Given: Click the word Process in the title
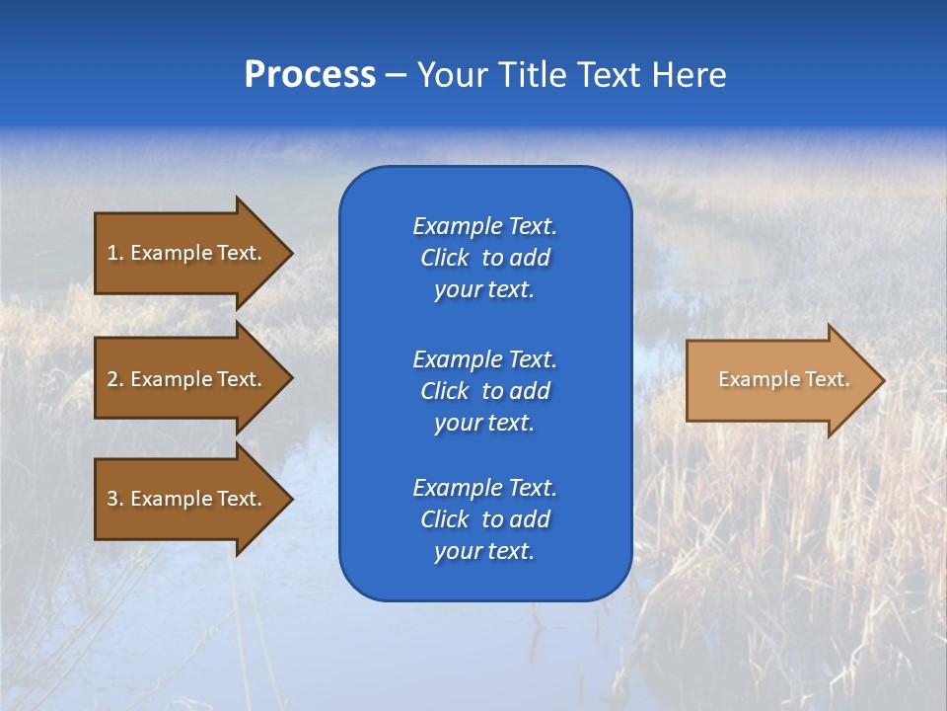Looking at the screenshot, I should (x=310, y=75).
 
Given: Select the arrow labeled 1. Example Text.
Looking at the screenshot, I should (x=187, y=253).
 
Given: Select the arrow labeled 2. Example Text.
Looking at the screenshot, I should (x=187, y=379).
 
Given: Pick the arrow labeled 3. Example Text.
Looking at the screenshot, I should (x=187, y=499).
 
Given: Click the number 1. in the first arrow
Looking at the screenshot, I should (x=114, y=253).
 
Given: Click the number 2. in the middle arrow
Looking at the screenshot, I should (x=114, y=379).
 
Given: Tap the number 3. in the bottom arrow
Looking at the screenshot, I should (x=114, y=499).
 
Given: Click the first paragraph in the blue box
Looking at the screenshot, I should (x=484, y=258).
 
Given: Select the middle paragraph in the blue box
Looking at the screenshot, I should (x=484, y=391).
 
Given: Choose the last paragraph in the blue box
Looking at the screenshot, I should (x=484, y=519).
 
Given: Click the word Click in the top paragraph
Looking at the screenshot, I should (x=444, y=258).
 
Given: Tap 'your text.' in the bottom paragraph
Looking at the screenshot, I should (x=484, y=552).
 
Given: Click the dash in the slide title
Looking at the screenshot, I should (x=396, y=76).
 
